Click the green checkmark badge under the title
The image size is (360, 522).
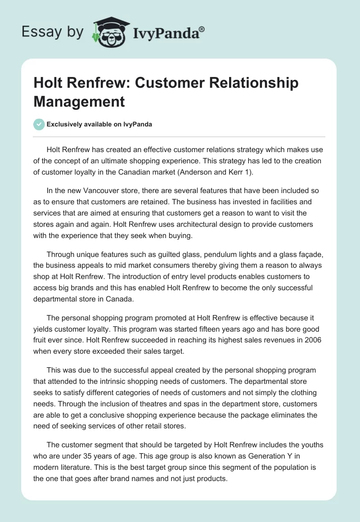(39, 124)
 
